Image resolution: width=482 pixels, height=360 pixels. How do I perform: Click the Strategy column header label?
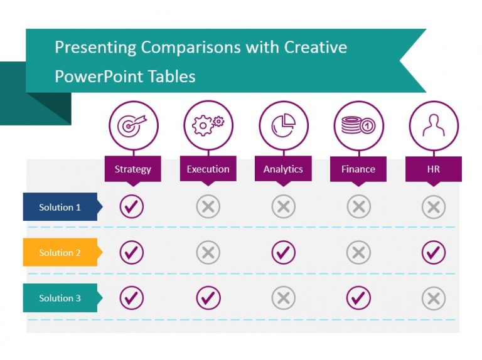[x=132, y=169]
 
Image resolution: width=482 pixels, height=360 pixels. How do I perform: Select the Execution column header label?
[x=208, y=169]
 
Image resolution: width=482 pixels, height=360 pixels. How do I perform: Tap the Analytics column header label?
[x=283, y=169]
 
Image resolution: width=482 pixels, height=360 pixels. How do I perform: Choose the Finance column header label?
[x=358, y=169]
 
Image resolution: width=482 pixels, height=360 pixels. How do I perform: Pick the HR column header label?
[x=433, y=169]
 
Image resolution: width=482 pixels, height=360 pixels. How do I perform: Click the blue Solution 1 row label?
[x=60, y=207]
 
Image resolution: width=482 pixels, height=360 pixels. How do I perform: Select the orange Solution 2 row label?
[x=60, y=253]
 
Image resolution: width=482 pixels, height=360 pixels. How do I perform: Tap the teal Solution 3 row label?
[x=60, y=298]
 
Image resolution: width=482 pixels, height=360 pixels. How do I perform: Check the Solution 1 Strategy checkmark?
[x=132, y=206]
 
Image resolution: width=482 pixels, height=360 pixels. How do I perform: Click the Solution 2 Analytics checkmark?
[x=283, y=252]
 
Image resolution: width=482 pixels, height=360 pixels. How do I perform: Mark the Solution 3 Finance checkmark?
[x=358, y=298]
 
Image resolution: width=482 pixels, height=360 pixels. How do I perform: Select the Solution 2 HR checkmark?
[x=434, y=252]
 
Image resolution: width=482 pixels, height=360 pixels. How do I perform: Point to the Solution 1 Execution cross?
[x=208, y=206]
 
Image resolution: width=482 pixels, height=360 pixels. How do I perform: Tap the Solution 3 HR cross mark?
[x=434, y=298]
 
